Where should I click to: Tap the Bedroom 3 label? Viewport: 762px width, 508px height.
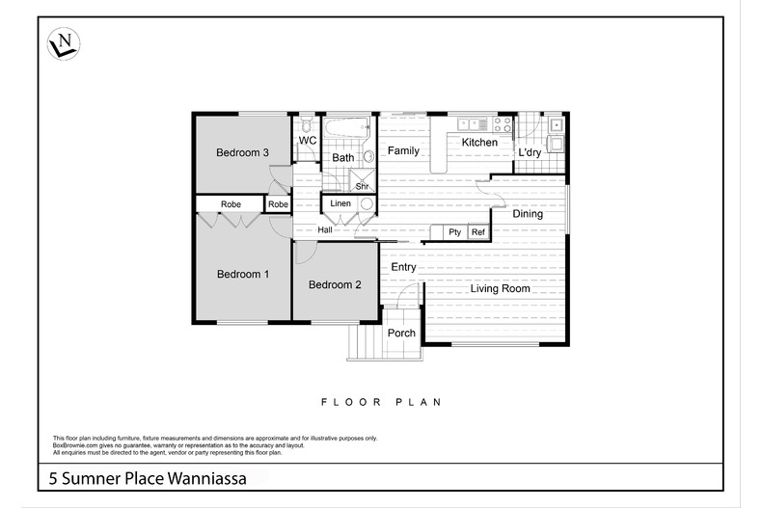point(242,152)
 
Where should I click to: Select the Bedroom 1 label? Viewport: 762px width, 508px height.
point(242,275)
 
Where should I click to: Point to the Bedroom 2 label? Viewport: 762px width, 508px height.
point(335,284)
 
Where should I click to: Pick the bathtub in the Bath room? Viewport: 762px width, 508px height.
point(346,128)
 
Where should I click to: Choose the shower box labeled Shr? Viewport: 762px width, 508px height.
point(363,181)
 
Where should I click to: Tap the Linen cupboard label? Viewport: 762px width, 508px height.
point(340,204)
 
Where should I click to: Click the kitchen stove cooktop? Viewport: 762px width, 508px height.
point(503,123)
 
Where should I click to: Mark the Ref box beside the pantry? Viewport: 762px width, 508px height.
point(477,232)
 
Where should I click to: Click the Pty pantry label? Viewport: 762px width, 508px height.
point(454,232)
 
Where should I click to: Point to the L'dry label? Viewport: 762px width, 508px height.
point(530,153)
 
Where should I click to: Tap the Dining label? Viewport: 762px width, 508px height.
point(527,214)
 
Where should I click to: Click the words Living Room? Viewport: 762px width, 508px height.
point(500,288)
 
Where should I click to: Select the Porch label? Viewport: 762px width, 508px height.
point(401,334)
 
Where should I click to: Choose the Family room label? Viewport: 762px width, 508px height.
point(403,151)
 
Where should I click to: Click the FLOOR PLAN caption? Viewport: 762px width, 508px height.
point(380,401)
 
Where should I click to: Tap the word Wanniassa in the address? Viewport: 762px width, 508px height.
point(214,477)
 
